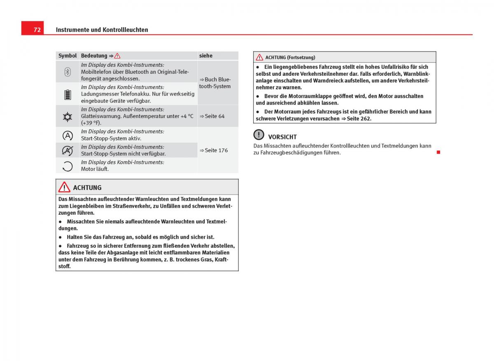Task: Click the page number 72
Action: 37,30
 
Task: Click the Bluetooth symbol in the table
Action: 68,72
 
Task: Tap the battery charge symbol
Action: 68,94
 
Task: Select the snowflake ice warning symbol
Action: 68,117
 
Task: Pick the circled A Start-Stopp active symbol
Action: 68,135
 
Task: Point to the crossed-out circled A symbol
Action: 68,150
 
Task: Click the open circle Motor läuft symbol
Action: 68,166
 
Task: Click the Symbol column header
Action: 68,56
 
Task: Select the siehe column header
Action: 206,56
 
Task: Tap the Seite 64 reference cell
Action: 212,116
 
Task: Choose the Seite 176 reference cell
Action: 214,150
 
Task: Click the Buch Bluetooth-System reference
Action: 215,83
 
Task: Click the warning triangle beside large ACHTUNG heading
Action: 64,188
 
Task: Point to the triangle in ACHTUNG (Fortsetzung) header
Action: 259,57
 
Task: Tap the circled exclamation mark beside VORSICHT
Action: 259,135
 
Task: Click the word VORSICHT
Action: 282,137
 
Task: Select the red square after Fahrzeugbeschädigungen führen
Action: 438,152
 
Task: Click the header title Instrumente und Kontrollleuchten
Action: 102,30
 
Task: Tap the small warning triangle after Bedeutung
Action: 117,56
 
